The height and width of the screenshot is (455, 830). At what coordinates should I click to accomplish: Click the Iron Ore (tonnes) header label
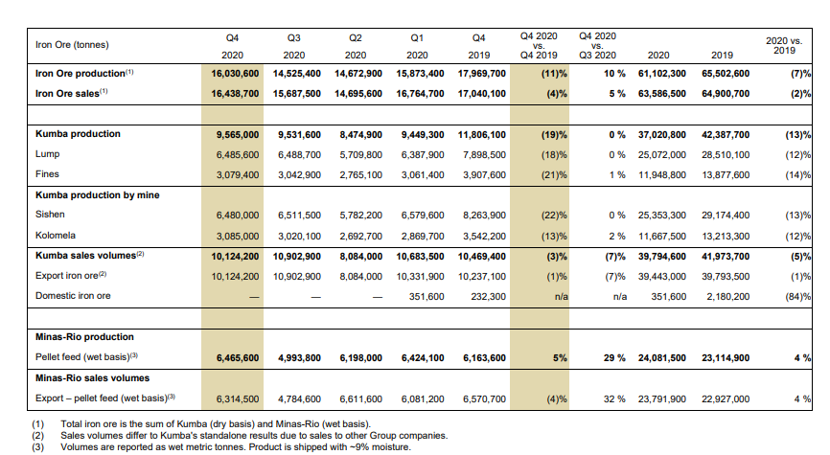pos(72,45)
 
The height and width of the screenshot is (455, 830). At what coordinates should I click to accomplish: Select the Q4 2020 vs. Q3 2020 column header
pos(598,46)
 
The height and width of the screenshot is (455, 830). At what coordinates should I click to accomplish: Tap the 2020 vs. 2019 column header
pos(784,46)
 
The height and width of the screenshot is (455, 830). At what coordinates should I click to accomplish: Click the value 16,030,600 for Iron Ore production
pos(235,74)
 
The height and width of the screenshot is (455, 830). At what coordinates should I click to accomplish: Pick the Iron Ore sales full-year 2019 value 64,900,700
pos(726,94)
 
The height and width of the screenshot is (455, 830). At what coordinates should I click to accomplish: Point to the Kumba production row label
pos(78,134)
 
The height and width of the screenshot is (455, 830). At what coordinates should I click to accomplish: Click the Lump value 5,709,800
pos(361,155)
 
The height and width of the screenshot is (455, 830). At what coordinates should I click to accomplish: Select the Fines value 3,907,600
pos(484,175)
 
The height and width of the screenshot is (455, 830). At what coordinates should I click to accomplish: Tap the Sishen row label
pos(50,215)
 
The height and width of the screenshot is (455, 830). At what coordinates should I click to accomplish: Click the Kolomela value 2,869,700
pos(423,237)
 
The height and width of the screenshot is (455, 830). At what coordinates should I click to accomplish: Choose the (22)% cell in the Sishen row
pos(554,216)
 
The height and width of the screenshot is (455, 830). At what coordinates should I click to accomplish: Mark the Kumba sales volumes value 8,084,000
pos(361,257)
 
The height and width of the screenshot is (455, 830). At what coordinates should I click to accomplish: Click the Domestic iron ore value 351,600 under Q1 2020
pos(427,297)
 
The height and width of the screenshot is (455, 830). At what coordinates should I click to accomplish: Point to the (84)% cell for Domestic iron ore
pos(797,297)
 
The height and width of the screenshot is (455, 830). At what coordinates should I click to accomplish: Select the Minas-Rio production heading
pos(84,337)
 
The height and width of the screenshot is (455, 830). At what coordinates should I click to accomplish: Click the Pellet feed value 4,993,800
pos(299,358)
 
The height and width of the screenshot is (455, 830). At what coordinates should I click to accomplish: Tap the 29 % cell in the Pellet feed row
pos(614,358)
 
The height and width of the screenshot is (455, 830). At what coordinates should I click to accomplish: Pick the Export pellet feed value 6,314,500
pos(238,399)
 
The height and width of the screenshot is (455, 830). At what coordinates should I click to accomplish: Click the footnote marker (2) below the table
pos(37,436)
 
